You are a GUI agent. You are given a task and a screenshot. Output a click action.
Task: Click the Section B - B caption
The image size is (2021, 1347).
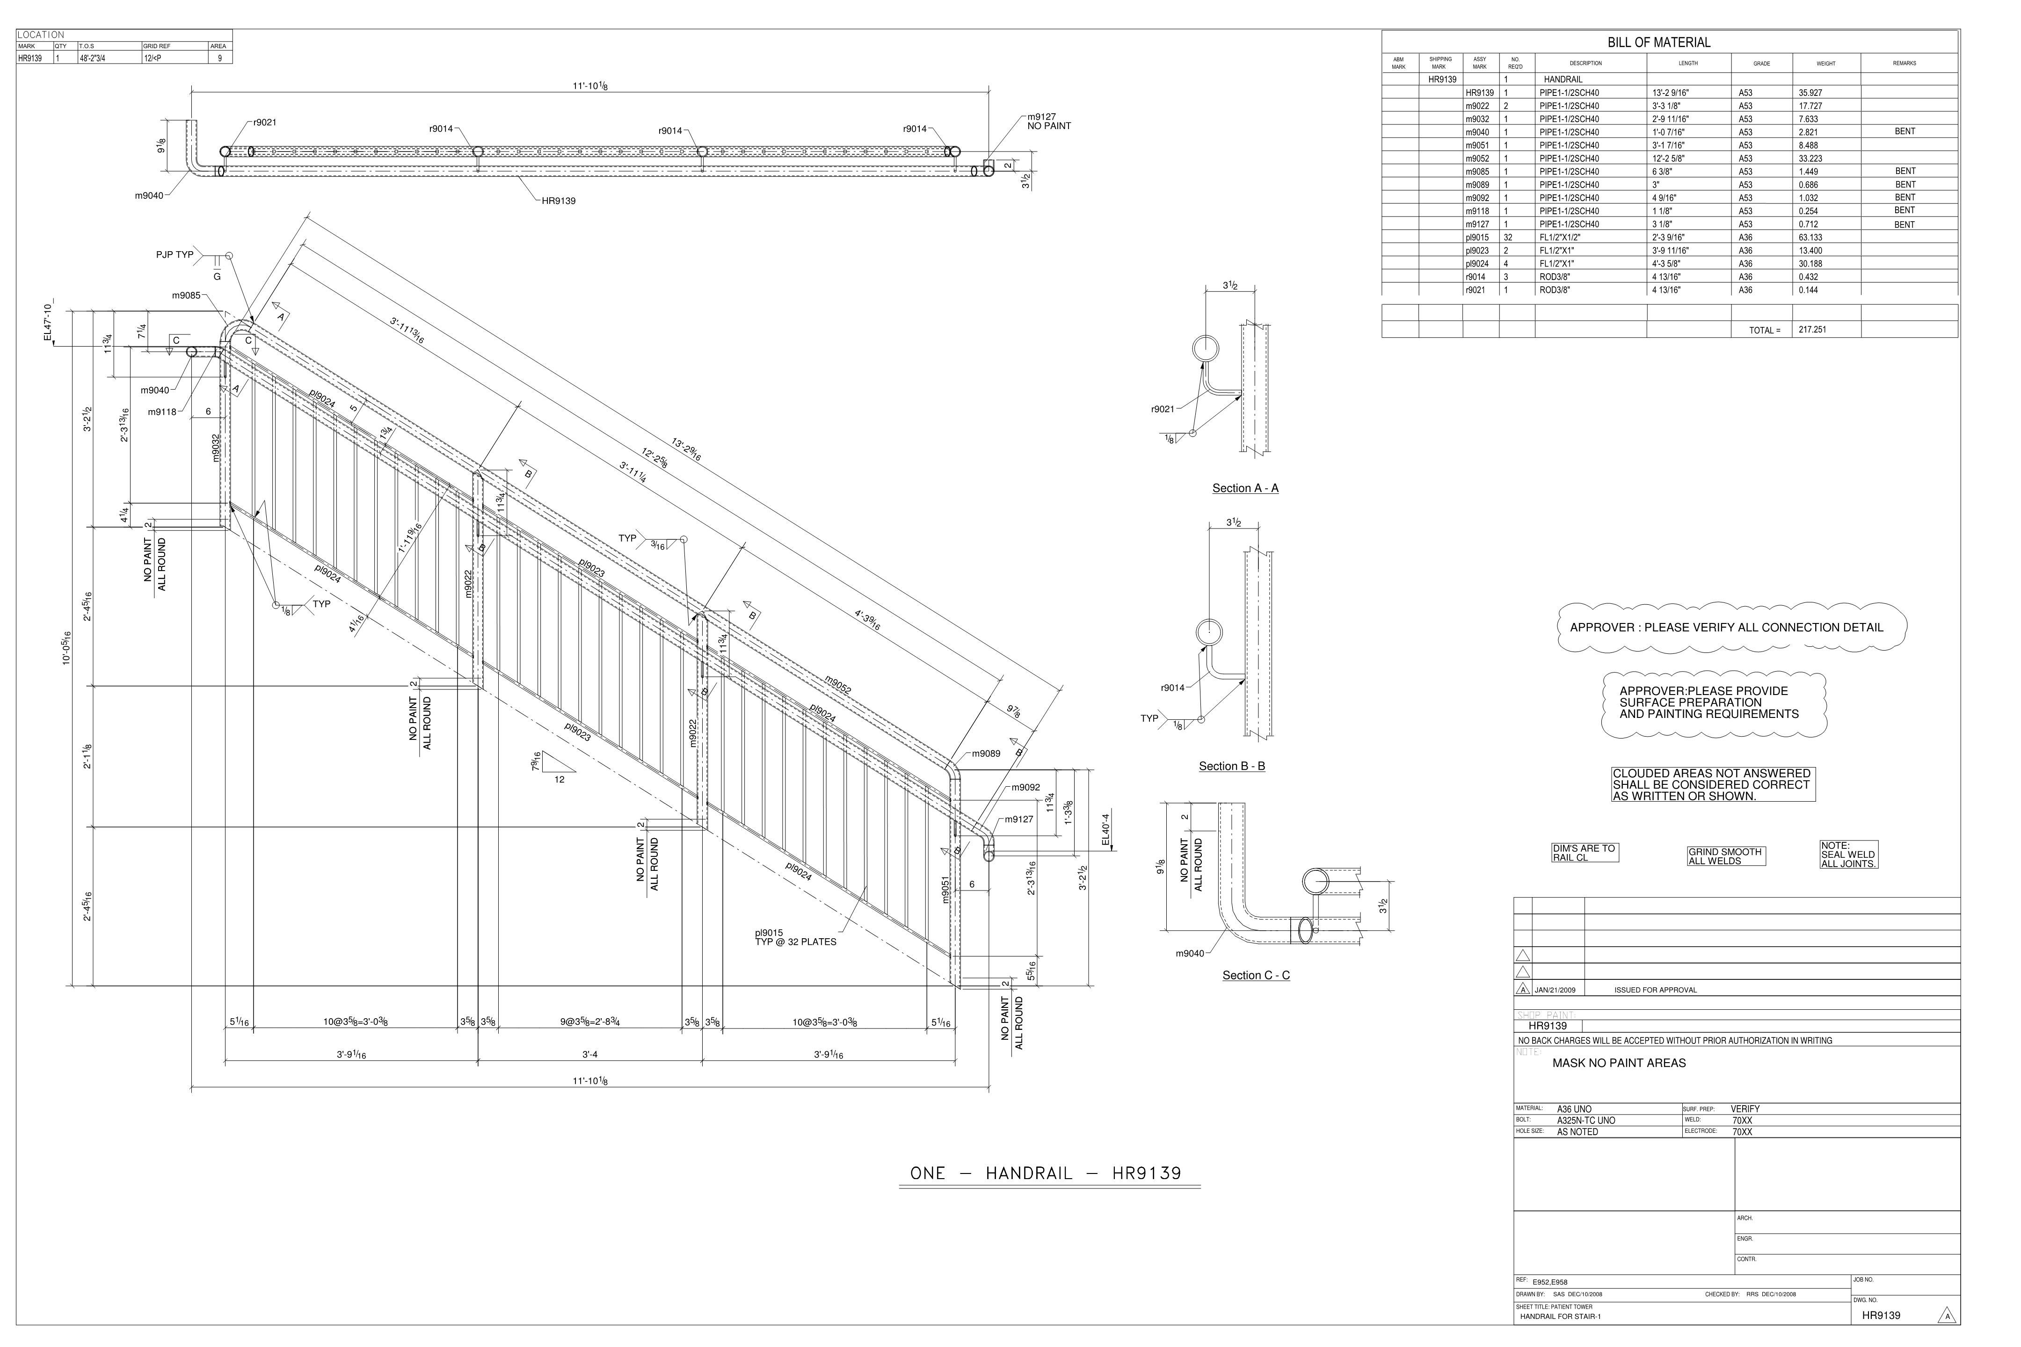[x=1232, y=766]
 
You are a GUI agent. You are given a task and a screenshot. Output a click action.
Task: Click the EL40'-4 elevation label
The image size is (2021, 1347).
[x=1106, y=829]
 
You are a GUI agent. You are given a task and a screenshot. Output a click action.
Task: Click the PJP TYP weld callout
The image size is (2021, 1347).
[x=174, y=255]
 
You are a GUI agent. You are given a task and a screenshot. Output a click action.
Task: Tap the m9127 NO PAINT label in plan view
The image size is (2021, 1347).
[x=1048, y=122]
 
